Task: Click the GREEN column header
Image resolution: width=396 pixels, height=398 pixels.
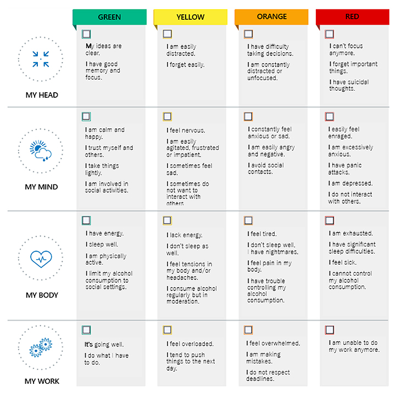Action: pyautogui.click(x=109, y=17)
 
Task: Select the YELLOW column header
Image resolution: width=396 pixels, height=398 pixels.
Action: pyautogui.click(x=191, y=17)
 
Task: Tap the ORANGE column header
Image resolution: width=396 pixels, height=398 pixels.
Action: pyautogui.click(x=271, y=17)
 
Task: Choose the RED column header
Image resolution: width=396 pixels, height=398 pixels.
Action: pyautogui.click(x=352, y=17)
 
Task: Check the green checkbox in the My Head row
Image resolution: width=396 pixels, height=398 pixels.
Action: pyautogui.click(x=86, y=34)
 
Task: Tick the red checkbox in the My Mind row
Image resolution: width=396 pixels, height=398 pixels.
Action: pyautogui.click(x=330, y=116)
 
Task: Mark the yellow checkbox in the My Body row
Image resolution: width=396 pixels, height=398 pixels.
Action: pyautogui.click(x=168, y=220)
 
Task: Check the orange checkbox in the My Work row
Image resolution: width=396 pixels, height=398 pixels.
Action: pyautogui.click(x=248, y=330)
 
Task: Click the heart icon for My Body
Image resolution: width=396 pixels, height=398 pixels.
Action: pyautogui.click(x=41, y=259)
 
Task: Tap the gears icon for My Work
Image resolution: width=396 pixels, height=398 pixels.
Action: pyautogui.click(x=41, y=347)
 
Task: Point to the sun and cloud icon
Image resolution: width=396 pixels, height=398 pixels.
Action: pyautogui.click(x=41, y=151)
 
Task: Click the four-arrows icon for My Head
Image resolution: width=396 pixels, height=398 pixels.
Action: pyautogui.click(x=41, y=59)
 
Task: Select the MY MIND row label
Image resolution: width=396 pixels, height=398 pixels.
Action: pyautogui.click(x=41, y=187)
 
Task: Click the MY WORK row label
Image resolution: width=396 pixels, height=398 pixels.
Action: pyautogui.click(x=42, y=381)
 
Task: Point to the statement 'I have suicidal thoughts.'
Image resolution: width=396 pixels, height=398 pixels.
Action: pyautogui.click(x=349, y=85)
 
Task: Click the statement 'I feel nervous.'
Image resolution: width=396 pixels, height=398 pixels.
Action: pyautogui.click(x=186, y=131)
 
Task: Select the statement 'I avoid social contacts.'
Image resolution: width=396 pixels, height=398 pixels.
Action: pyautogui.click(x=266, y=169)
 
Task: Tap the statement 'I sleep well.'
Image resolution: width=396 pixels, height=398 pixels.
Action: pyautogui.click(x=102, y=244)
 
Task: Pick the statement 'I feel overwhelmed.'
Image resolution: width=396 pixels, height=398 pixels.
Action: pyautogui.click(x=273, y=344)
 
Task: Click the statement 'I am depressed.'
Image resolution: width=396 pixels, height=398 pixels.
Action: pyautogui.click(x=350, y=183)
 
